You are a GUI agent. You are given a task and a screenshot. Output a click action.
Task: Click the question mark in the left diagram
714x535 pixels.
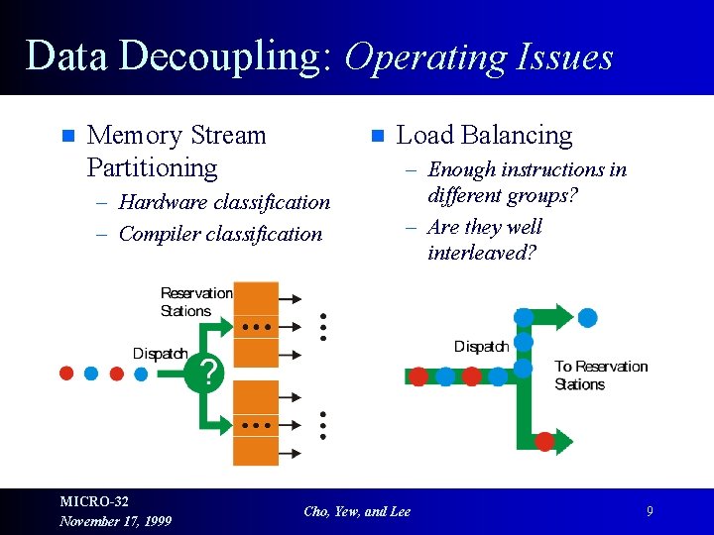[208, 374]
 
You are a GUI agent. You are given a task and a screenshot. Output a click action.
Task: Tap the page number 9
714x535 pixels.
[650, 511]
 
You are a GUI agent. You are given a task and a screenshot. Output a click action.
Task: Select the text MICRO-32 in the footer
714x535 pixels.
[94, 502]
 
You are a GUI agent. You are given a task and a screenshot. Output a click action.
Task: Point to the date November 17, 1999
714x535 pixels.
[115, 521]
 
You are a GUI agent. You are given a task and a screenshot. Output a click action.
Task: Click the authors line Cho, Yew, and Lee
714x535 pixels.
[357, 511]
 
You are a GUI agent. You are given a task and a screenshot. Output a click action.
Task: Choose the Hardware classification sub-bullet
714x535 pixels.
[224, 202]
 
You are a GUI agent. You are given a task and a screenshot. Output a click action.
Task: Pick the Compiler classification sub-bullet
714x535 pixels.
[220, 234]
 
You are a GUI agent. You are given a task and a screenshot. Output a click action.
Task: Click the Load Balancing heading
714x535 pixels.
[484, 135]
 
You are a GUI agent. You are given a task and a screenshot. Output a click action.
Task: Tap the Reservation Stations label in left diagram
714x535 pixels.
[196, 302]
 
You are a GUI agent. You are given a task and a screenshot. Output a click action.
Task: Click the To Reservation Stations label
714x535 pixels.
[601, 374]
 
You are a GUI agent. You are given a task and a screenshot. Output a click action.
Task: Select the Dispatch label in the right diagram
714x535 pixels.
[481, 346]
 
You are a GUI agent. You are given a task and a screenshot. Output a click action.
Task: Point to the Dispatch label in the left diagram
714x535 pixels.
[161, 354]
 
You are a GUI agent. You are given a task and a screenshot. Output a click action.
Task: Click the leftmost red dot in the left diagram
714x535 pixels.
[66, 374]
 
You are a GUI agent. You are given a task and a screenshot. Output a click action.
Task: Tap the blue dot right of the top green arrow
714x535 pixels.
[588, 318]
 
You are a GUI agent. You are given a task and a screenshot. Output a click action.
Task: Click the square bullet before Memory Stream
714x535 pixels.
[67, 136]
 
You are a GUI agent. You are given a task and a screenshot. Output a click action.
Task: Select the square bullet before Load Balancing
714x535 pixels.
[376, 136]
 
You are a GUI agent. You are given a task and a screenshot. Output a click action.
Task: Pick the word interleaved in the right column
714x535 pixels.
[481, 253]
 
